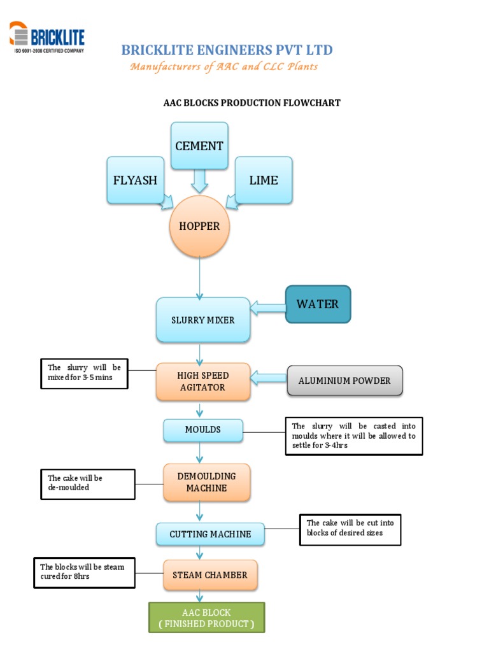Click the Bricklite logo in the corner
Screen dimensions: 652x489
coord(46,36)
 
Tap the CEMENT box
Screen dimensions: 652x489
coord(199,146)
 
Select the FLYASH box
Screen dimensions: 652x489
coord(135,180)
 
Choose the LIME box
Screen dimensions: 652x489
coord(264,180)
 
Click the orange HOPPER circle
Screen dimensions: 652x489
coord(199,226)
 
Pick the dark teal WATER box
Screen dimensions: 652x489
coord(318,304)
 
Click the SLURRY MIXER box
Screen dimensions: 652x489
coord(202,320)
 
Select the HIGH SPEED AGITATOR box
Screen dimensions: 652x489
coord(202,381)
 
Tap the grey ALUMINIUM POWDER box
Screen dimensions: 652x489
coord(344,381)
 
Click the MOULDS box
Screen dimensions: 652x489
coord(202,430)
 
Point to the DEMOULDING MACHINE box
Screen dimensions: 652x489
coord(206,482)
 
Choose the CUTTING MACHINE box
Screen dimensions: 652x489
coord(210,534)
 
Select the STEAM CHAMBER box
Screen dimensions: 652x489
coord(210,575)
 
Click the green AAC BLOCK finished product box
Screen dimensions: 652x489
coord(206,618)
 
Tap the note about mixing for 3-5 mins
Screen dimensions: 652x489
coord(84,374)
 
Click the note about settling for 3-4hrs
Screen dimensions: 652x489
coord(353,436)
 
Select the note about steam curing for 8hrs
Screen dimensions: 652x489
coord(83,572)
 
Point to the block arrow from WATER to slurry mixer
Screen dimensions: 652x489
coord(268,309)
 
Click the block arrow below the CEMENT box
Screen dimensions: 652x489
coord(199,181)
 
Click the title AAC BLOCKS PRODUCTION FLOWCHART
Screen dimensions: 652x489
coord(252,103)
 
